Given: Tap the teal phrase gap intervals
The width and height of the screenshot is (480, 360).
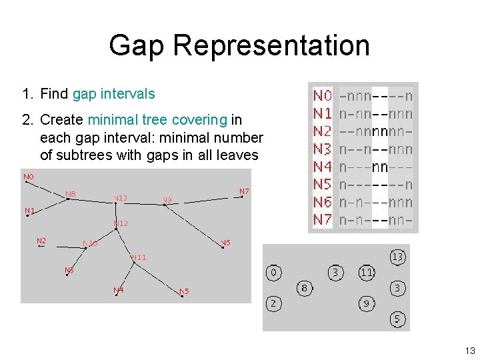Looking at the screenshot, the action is (x=113, y=94).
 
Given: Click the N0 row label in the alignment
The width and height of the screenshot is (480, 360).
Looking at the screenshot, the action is (x=323, y=97).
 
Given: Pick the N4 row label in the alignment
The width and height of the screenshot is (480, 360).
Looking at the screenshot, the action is (x=323, y=167).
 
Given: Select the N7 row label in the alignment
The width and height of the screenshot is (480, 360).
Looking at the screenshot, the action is (x=323, y=219).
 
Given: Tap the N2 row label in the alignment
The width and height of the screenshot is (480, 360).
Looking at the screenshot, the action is (x=323, y=131).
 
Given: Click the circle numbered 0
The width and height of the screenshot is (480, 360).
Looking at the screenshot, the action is (x=274, y=273).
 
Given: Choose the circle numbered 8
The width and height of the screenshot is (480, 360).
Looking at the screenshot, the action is (x=304, y=288).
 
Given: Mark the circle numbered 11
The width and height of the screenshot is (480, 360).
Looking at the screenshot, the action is (x=367, y=273).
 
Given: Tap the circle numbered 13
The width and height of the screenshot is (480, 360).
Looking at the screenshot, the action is (x=397, y=257).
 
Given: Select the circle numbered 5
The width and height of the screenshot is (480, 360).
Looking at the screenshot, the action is (x=397, y=319).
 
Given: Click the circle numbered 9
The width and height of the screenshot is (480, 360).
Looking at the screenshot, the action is (x=367, y=304).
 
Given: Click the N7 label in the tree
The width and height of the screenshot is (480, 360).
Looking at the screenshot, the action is (x=244, y=191).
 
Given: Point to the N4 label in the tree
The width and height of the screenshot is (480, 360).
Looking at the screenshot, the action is (x=118, y=290).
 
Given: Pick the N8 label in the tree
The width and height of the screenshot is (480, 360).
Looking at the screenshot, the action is (x=70, y=194).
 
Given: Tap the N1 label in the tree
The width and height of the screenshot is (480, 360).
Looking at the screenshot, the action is (x=29, y=211).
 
